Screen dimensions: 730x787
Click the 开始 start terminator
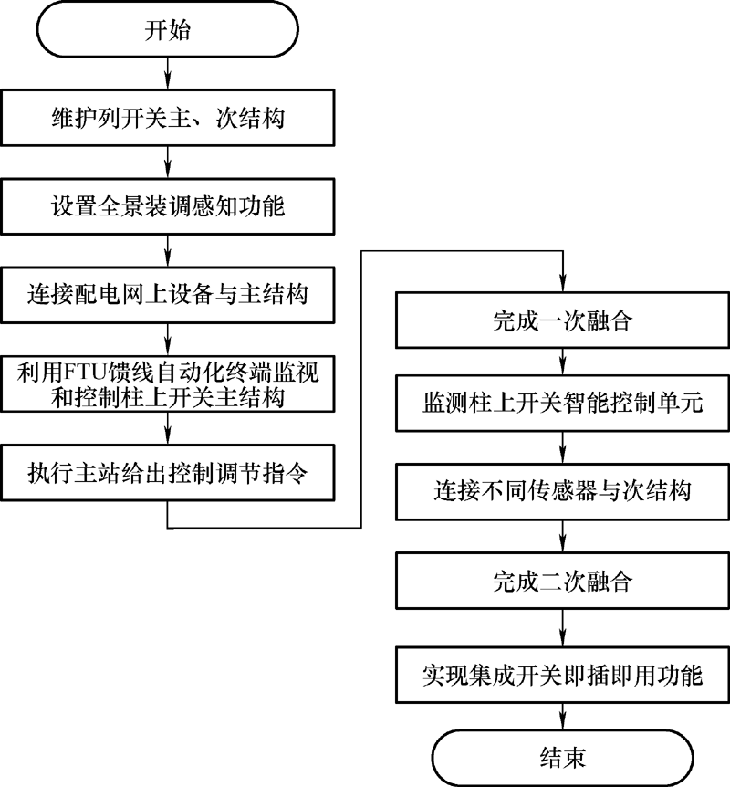(168, 29)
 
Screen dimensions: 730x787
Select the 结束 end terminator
(562, 758)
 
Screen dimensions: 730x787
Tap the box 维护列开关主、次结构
(168, 118)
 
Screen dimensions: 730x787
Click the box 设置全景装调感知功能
(168, 206)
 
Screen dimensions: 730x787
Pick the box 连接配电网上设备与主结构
(168, 295)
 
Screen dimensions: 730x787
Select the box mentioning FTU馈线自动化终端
(168, 384)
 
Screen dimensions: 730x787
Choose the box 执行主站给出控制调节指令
(168, 472)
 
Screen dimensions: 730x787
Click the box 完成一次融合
(562, 320)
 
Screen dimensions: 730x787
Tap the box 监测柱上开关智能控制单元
(562, 403)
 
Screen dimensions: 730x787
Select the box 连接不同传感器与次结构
(562, 491)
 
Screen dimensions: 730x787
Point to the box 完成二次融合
(562, 581)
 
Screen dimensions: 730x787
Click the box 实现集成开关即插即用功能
(562, 675)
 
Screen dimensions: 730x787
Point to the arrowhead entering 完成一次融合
(563, 284)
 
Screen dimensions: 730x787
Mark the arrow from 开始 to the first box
(168, 73)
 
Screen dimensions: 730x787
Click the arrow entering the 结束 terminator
(562, 716)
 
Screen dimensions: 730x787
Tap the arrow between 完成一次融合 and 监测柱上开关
(562, 362)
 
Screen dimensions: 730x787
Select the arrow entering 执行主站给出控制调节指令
(168, 428)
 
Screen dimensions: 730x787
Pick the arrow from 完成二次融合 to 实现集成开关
(562, 628)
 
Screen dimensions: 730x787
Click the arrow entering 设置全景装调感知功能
(168, 163)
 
